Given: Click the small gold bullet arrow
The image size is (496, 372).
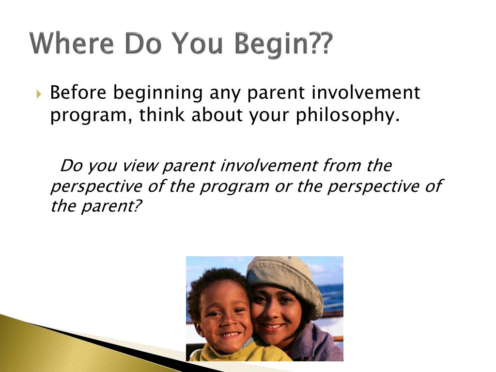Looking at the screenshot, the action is point(39,94).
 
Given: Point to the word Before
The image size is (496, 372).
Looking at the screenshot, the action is point(78,93).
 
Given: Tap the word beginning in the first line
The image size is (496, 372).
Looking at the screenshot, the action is point(158,93).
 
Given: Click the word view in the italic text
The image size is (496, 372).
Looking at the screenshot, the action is point(139,166).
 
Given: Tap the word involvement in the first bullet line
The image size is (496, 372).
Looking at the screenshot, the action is point(366,93).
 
